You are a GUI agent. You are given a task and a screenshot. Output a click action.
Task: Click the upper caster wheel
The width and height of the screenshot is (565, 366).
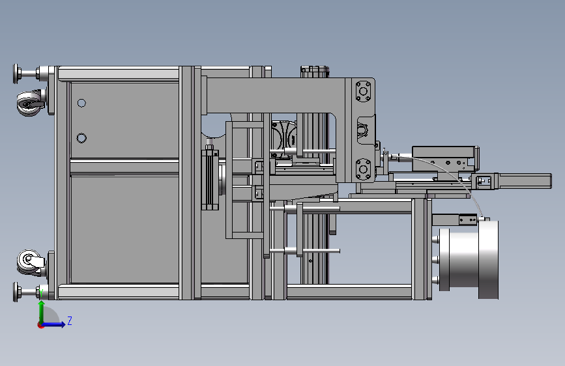point(29,104)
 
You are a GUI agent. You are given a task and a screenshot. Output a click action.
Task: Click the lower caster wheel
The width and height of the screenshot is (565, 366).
point(29,262)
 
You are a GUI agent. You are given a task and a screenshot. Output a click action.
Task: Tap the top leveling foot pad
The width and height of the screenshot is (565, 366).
point(16,74)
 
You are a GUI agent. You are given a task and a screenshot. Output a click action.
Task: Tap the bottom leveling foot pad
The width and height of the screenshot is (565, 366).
point(16,292)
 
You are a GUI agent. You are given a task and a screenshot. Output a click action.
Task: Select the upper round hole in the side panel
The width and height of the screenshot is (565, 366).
point(81,104)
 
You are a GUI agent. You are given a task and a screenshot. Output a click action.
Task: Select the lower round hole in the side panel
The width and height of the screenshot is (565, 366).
point(81,138)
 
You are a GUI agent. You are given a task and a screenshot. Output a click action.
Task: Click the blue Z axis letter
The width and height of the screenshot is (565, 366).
point(70,320)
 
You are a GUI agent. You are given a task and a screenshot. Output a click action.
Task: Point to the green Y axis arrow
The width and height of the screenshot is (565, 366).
point(42,313)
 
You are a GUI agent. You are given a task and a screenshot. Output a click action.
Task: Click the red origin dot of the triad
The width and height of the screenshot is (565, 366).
point(40,325)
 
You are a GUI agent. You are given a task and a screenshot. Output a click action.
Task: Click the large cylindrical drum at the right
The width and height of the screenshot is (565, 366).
point(469,259)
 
